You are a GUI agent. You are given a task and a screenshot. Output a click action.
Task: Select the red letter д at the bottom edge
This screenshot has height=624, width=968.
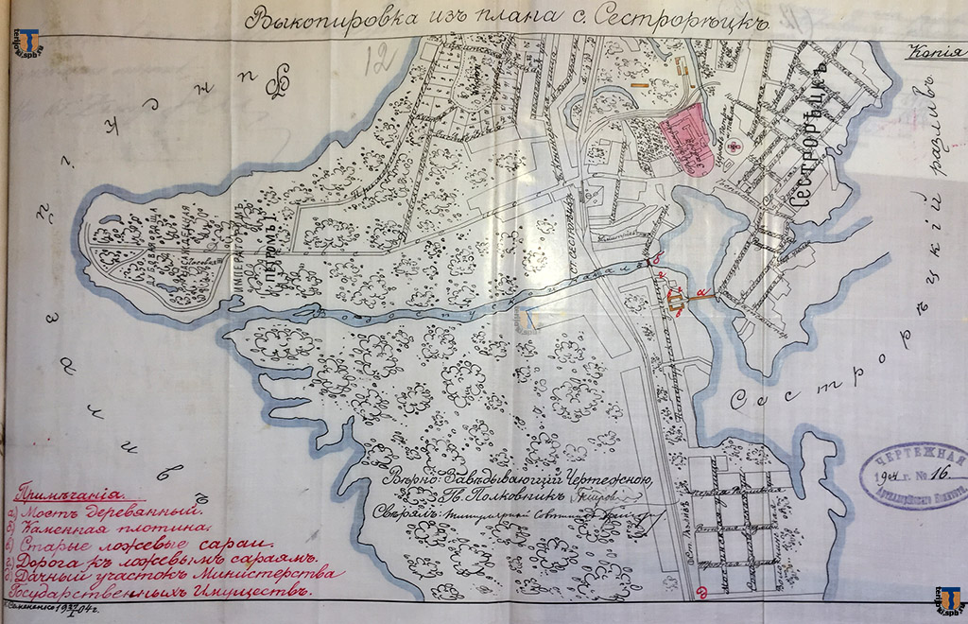click(700, 594)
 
